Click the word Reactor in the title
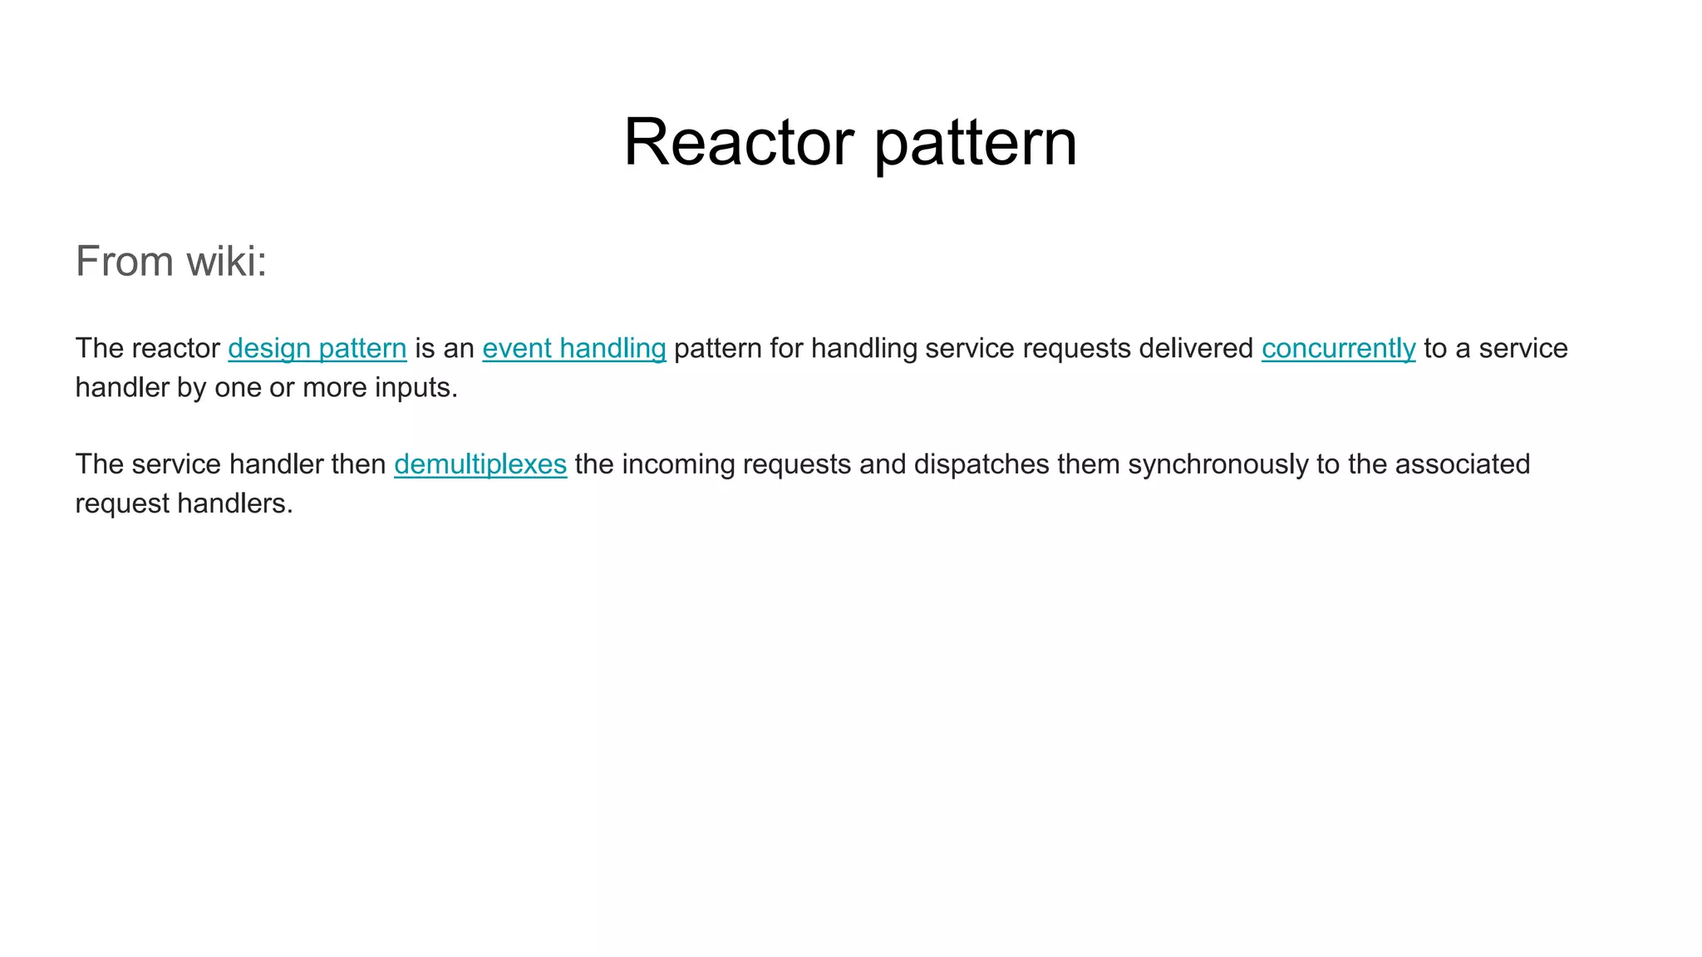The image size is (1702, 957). (x=738, y=142)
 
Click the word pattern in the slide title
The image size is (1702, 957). (x=976, y=142)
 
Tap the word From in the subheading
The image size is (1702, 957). (x=125, y=261)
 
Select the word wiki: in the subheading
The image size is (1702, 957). (x=226, y=261)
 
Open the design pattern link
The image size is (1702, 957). (x=317, y=348)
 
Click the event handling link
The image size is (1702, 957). (x=574, y=348)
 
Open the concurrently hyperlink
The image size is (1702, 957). (x=1338, y=348)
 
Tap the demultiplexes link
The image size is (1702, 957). (x=480, y=464)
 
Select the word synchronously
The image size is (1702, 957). (x=1217, y=464)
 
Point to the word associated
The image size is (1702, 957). (x=1462, y=464)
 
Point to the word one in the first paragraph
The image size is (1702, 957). (x=238, y=387)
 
